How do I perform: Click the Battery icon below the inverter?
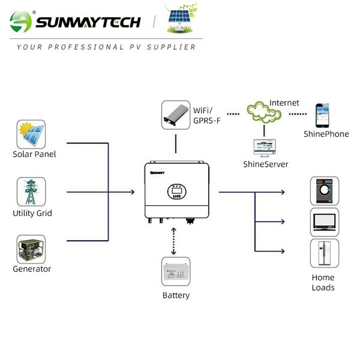point(176,273)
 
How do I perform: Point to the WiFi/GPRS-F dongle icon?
point(176,116)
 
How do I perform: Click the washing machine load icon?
point(325,191)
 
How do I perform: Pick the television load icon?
point(325,222)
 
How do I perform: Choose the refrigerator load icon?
point(324,253)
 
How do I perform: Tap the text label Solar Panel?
point(34,154)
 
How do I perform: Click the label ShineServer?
point(266,164)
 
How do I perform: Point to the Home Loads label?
point(323,283)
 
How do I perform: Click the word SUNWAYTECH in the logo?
point(88,23)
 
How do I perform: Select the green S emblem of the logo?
point(22,23)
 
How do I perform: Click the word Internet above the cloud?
point(284,103)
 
